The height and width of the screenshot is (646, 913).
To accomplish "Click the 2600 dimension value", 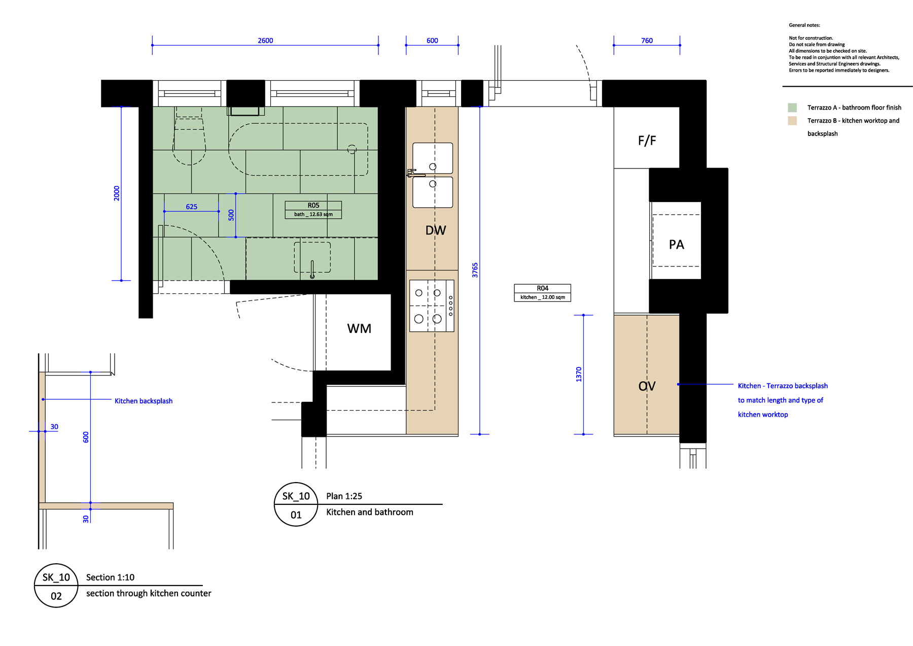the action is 265,41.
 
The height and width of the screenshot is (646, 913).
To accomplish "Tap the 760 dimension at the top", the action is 647,41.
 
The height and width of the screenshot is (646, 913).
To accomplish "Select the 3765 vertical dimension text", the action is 475,270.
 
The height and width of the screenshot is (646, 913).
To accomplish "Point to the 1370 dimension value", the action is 579,375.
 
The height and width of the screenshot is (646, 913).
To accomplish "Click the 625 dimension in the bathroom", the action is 192,207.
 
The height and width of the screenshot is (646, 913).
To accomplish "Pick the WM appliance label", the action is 359,329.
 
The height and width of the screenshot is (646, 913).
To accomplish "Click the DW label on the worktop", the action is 436,230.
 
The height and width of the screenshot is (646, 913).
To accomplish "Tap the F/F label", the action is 647,141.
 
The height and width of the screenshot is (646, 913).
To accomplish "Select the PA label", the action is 677,245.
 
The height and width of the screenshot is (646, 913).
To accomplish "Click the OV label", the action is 647,386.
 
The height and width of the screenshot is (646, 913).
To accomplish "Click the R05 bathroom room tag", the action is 313,210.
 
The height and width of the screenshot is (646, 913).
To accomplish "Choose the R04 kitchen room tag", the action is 543,293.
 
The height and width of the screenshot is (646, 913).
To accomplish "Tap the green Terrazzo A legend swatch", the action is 792,108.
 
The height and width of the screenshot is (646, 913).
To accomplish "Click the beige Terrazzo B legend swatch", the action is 792,121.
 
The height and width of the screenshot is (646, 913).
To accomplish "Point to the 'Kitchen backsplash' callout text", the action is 144,401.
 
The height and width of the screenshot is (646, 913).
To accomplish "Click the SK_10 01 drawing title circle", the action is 296,504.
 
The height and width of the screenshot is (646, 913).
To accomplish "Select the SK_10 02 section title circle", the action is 56,586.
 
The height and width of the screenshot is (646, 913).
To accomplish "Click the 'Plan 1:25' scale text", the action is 344,496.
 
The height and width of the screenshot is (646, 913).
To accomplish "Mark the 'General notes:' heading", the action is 804,25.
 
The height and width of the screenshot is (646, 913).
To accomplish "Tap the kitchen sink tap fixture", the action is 412,173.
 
